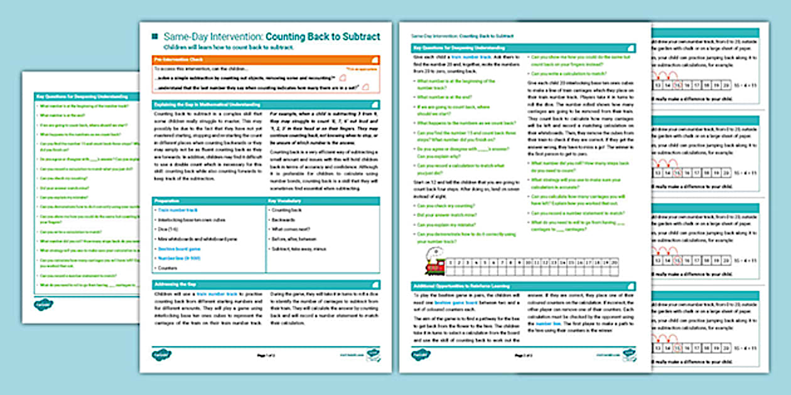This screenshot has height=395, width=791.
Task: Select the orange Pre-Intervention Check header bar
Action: tap(267, 59)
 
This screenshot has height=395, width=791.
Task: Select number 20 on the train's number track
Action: tap(614, 263)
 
